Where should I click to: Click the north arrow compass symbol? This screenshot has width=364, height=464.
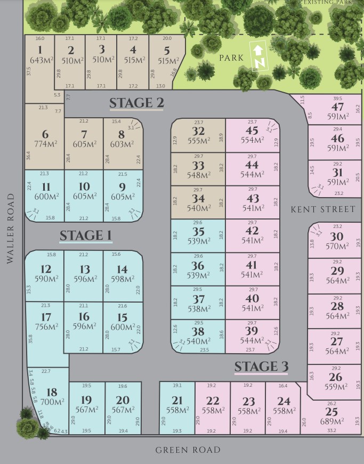tap(259, 57)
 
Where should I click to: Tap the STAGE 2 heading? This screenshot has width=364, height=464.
tap(136, 103)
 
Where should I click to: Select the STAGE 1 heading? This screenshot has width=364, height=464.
tap(86, 235)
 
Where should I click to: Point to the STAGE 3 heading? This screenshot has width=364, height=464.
tap(261, 367)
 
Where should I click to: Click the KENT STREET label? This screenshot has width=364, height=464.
tap(322, 210)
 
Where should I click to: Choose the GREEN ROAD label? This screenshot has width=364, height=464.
tap(188, 450)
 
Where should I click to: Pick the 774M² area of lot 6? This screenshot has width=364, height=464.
tap(45, 144)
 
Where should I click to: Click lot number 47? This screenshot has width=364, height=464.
tap(337, 107)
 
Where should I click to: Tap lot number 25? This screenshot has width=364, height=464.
tap(331, 412)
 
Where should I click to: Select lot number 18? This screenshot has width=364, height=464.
tap(52, 392)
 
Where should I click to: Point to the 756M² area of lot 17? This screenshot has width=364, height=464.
tap(46, 327)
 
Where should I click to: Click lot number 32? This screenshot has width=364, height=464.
tap(198, 131)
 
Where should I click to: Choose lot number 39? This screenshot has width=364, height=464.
tap(252, 331)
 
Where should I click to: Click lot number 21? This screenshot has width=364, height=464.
tap(177, 401)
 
